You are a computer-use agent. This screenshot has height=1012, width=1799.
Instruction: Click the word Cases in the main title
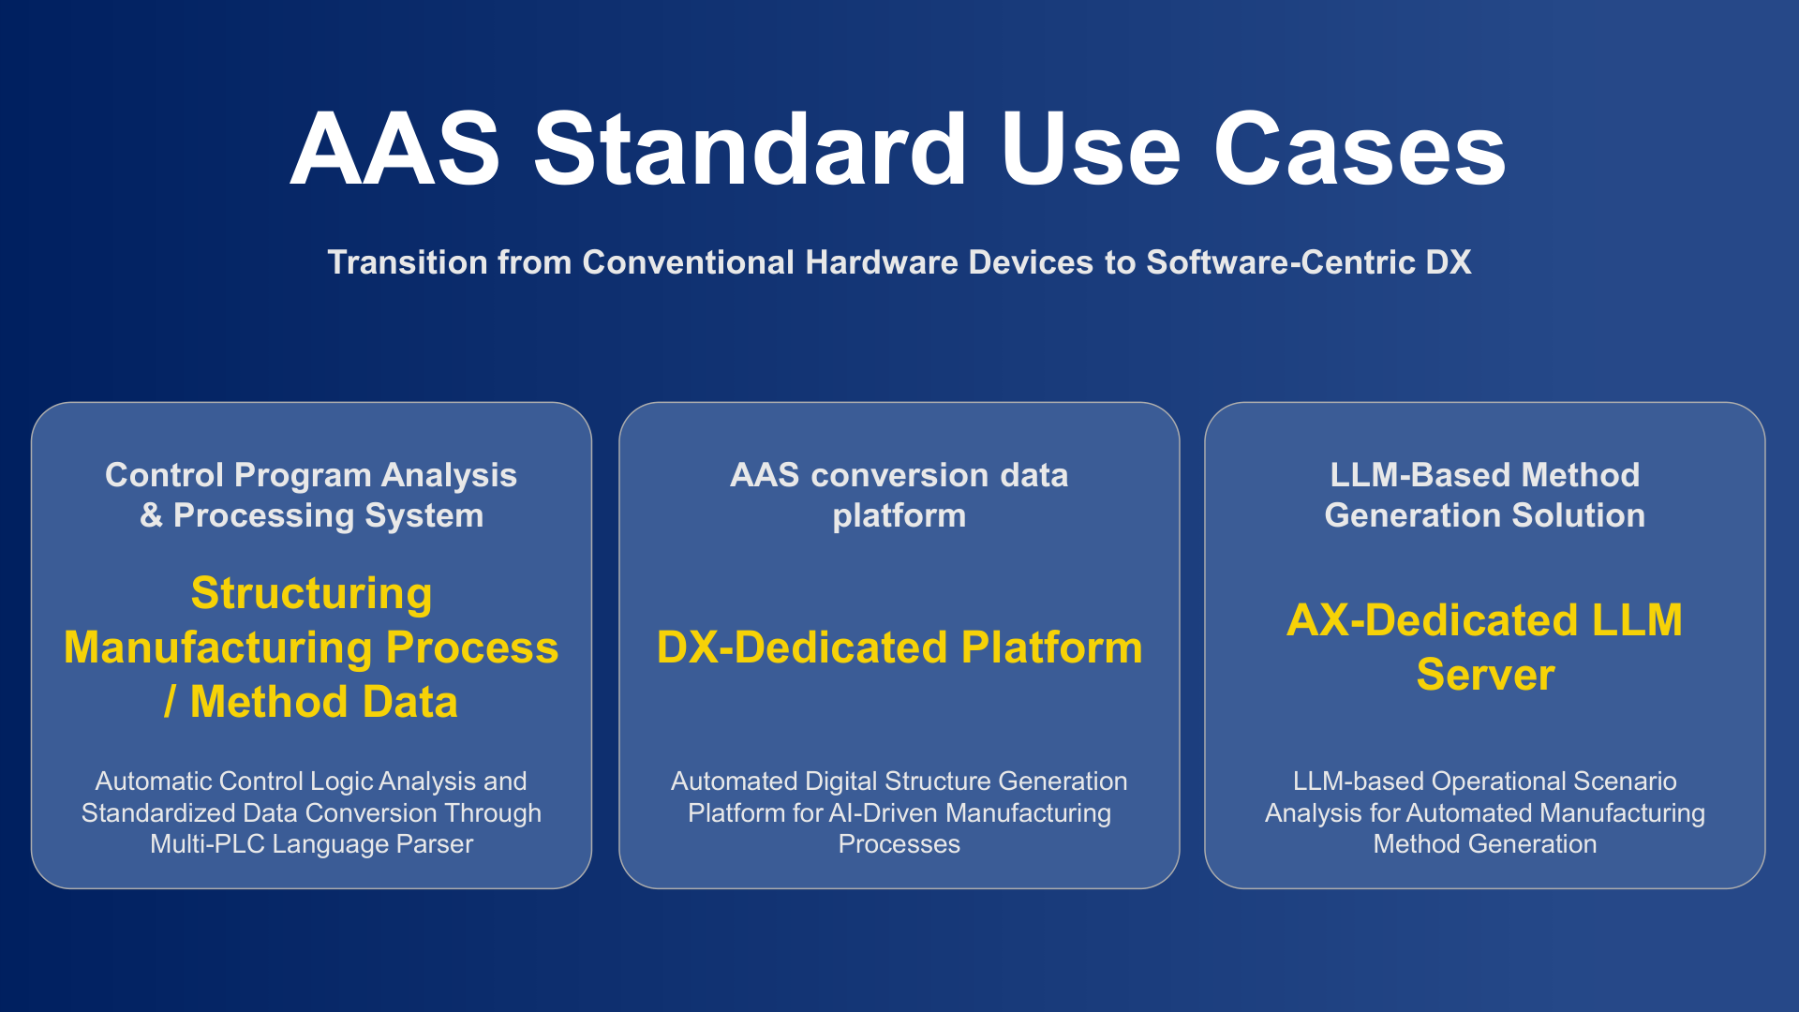point(1360,149)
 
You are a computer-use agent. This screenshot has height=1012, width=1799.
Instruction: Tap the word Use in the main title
point(1092,149)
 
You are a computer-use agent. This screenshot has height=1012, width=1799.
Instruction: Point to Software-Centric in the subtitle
point(1281,262)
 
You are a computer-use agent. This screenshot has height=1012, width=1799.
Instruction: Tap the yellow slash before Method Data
point(170,701)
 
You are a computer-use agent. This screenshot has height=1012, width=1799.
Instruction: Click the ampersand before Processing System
point(151,515)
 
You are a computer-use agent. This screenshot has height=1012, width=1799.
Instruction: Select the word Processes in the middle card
point(899,843)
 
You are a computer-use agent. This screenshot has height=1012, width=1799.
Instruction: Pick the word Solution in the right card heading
point(1578,515)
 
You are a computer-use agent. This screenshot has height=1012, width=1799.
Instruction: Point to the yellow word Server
point(1486,675)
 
